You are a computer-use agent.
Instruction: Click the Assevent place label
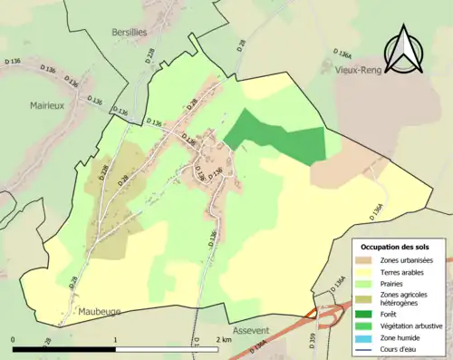coord(251,331)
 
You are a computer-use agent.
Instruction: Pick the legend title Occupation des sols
coord(396,247)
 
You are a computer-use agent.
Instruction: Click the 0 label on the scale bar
coord(14,339)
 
